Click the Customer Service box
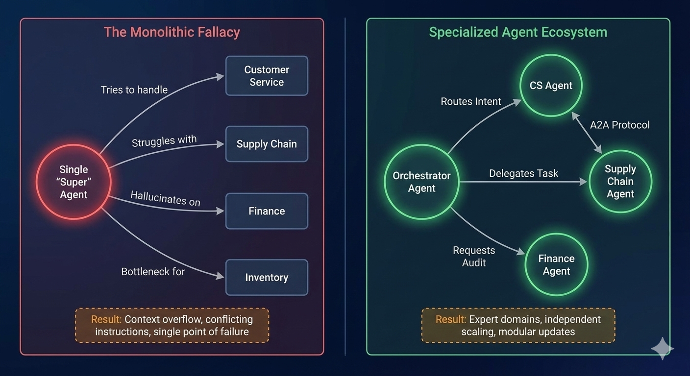(267, 76)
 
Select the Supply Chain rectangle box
(267, 144)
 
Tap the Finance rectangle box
(267, 211)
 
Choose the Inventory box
(267, 278)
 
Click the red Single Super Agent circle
(74, 182)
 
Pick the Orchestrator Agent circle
(421, 182)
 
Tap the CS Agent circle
(551, 86)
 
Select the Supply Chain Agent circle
(620, 181)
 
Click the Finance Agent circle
(556, 265)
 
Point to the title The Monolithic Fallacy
(172, 32)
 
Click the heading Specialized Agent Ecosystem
(518, 32)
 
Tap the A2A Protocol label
(619, 125)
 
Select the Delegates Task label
(523, 173)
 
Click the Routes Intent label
(471, 101)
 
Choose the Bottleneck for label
(153, 271)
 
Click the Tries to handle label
(134, 90)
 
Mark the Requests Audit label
(474, 257)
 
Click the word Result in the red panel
(106, 320)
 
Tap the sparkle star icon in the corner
(662, 349)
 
